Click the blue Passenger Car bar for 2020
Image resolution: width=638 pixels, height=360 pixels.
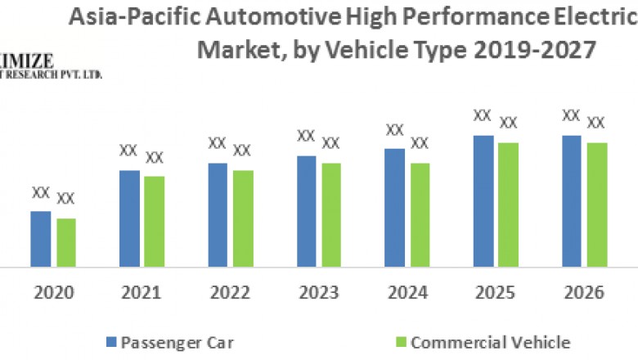[41, 239]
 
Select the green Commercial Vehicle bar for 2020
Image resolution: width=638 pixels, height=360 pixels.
[66, 242]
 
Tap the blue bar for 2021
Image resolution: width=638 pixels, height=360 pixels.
[129, 218]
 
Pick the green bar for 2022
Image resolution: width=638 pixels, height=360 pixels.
[243, 218]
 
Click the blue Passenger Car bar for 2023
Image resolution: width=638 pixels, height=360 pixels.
[306, 211]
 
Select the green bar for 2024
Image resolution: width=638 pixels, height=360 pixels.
[420, 214]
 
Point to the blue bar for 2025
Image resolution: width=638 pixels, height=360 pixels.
[483, 201]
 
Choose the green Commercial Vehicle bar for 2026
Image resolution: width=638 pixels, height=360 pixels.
[597, 205]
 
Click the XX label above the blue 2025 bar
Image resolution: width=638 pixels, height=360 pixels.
[483, 115]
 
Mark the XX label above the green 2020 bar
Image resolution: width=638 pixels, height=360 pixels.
[66, 198]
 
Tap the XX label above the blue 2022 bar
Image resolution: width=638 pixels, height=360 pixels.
[217, 143]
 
